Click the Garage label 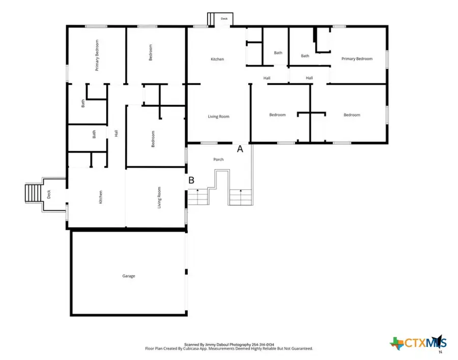(x=128, y=276)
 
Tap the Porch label (x=218, y=159)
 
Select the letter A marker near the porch (x=241, y=149)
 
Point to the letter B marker (x=191, y=180)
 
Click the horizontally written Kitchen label (x=217, y=60)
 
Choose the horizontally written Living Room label (x=218, y=117)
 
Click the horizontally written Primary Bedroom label (x=357, y=59)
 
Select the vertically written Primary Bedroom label (x=96, y=54)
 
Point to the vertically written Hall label (x=116, y=133)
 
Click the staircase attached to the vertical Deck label (x=33, y=193)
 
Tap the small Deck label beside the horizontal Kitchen (x=224, y=19)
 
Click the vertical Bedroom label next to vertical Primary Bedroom (x=151, y=52)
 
